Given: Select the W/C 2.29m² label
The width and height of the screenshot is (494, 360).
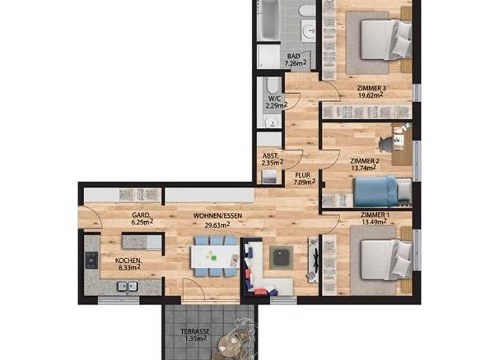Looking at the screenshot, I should point(275,102).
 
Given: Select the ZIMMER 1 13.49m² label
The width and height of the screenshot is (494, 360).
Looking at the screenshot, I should point(374,219).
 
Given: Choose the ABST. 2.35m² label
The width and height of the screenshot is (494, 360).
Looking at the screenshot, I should point(271,159).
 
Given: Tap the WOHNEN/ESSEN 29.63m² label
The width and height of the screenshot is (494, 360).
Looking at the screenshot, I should point(212,221).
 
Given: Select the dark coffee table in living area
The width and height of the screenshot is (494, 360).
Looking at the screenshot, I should point(280,257).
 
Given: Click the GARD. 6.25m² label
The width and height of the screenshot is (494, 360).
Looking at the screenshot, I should point(142,219).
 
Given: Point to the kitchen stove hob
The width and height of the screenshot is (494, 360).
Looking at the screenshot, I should point(91,260).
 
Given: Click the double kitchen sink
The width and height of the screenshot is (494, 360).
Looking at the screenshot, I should point(126,287).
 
